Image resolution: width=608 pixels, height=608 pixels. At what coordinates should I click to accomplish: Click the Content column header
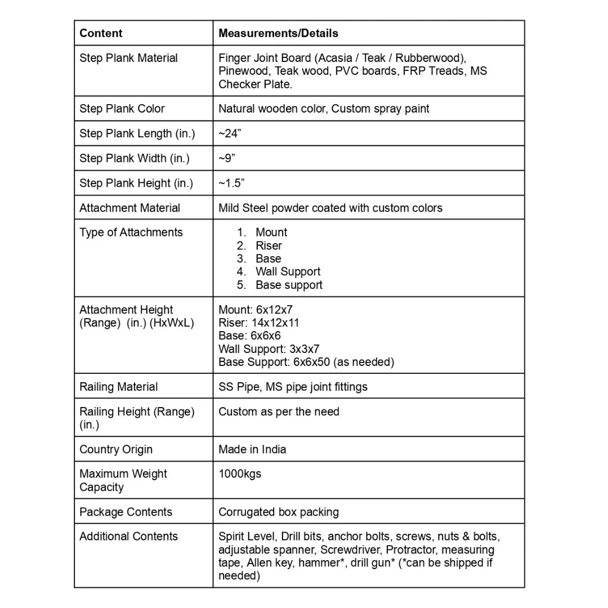[x=101, y=33]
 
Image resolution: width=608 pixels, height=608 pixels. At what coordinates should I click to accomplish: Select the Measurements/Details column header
[x=278, y=33]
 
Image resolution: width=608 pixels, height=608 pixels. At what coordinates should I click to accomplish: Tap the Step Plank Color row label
[x=122, y=109]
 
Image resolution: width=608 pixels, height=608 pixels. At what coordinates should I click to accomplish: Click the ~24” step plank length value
[x=231, y=133]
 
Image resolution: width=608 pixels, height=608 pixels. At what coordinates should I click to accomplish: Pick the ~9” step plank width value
[x=227, y=158]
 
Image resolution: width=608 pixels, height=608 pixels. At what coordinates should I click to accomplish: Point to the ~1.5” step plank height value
[x=231, y=183]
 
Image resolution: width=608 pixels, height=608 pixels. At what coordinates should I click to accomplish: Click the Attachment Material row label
[x=130, y=208]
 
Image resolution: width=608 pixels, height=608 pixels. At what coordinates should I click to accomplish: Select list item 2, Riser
[x=269, y=245]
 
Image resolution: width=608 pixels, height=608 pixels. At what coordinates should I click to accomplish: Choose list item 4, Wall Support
[x=288, y=272]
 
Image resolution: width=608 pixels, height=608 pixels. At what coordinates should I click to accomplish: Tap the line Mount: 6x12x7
[x=256, y=310]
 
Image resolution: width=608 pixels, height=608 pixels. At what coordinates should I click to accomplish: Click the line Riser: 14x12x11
[x=259, y=323]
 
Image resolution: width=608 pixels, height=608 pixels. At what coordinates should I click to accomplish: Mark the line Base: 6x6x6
[x=249, y=336]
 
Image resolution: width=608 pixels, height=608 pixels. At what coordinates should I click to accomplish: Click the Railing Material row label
[x=119, y=387]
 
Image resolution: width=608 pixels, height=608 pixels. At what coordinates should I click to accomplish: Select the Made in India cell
[x=252, y=449]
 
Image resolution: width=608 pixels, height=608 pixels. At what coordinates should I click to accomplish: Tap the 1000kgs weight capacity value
[x=240, y=474]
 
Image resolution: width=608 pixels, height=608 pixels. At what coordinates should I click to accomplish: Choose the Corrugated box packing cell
[x=279, y=512]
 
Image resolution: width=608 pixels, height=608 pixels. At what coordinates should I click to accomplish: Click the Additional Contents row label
[x=129, y=537]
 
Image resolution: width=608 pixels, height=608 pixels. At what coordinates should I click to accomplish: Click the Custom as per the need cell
[x=279, y=412]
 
